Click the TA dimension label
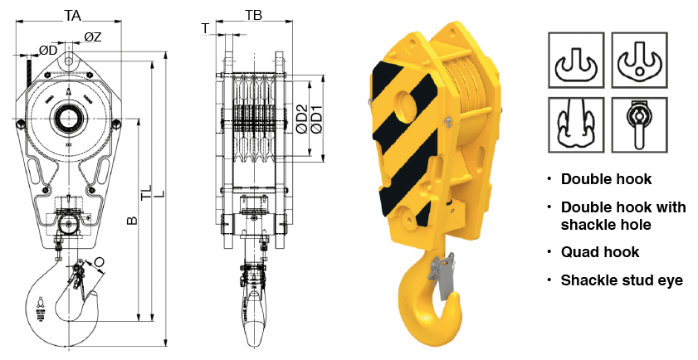72,16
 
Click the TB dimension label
254,16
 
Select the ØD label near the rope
48,51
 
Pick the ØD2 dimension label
302,119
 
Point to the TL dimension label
147,192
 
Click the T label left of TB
205,28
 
